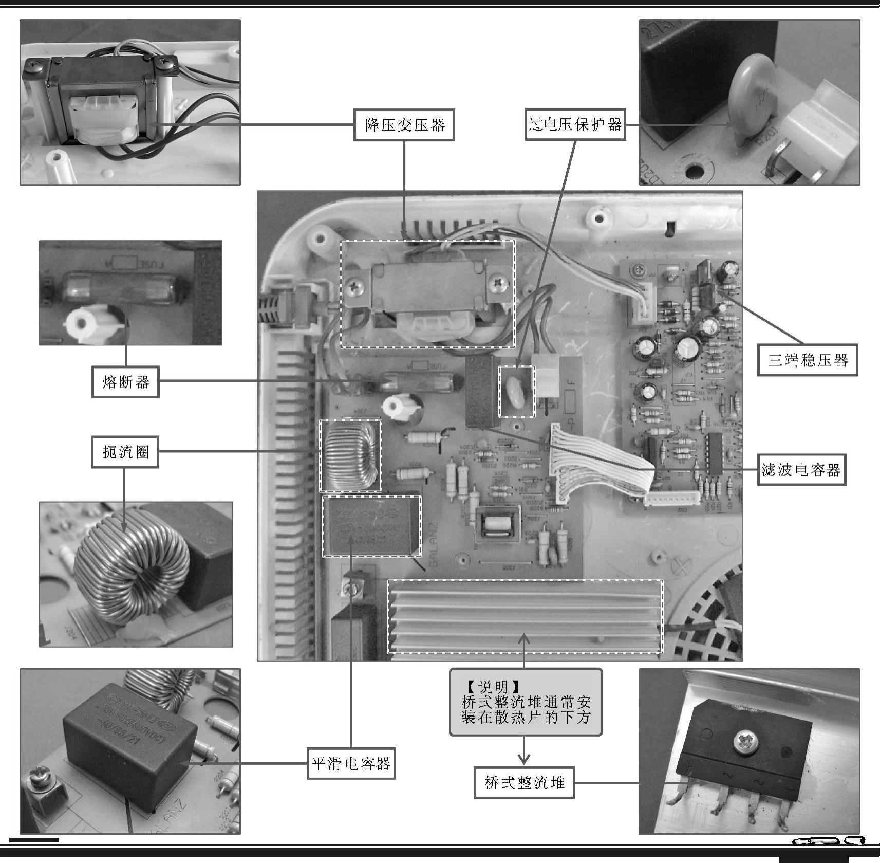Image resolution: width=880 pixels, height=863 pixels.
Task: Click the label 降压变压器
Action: pyautogui.click(x=404, y=125)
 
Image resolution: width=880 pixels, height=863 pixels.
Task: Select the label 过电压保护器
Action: pyautogui.click(x=575, y=125)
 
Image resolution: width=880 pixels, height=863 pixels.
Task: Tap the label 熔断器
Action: pyautogui.click(x=125, y=382)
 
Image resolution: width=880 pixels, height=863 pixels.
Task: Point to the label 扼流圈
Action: pyautogui.click(x=125, y=452)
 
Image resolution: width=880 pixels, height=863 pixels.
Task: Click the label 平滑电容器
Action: pyautogui.click(x=351, y=763)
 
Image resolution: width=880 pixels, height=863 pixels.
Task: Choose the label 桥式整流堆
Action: pyautogui.click(x=524, y=783)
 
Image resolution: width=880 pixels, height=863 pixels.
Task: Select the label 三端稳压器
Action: pyautogui.click(x=808, y=360)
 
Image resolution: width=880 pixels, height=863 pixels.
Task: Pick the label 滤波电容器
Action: pyautogui.click(x=801, y=470)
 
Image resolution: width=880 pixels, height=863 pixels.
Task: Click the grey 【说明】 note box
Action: pyautogui.click(x=526, y=702)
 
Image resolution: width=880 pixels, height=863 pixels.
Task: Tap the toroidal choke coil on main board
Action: pyautogui.click(x=350, y=455)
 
